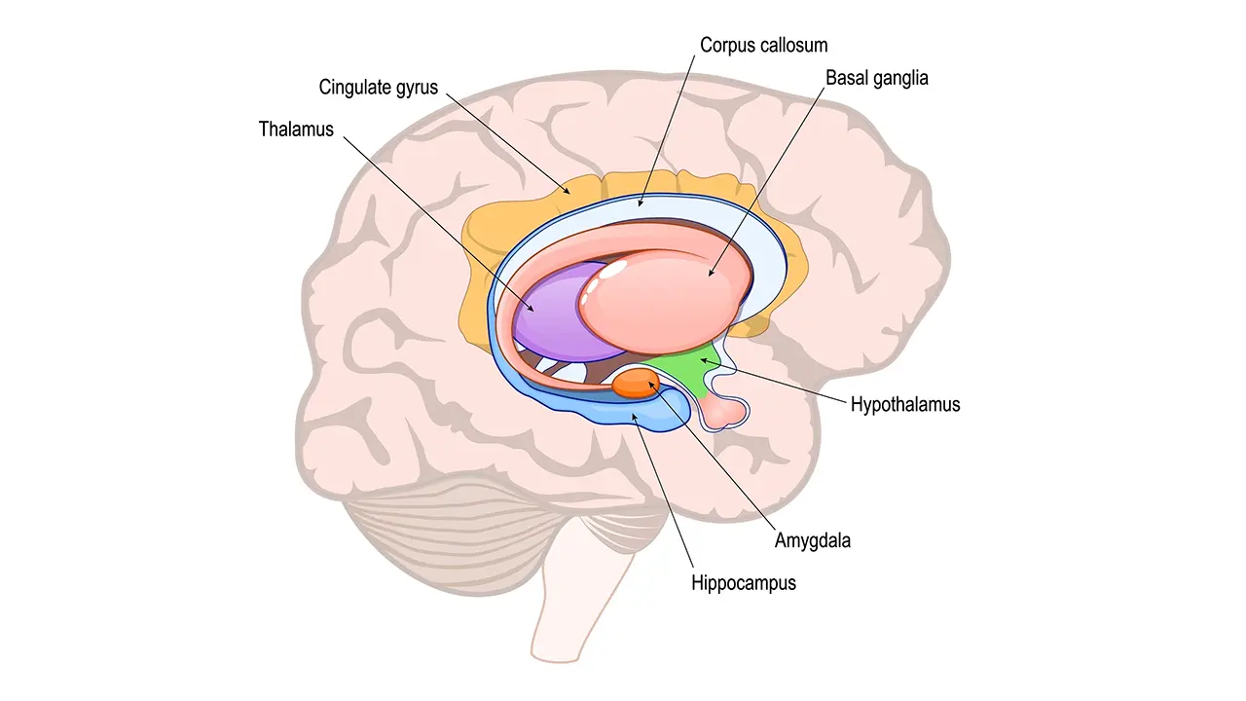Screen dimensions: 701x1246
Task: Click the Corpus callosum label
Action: [x=764, y=45]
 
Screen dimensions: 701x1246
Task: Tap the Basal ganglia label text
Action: [x=876, y=78]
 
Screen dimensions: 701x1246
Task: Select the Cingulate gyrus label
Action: [x=379, y=88]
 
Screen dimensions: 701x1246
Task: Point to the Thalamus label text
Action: [x=296, y=129]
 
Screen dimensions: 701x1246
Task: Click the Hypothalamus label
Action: [x=904, y=404]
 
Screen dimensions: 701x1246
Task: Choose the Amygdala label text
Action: [x=812, y=540]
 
